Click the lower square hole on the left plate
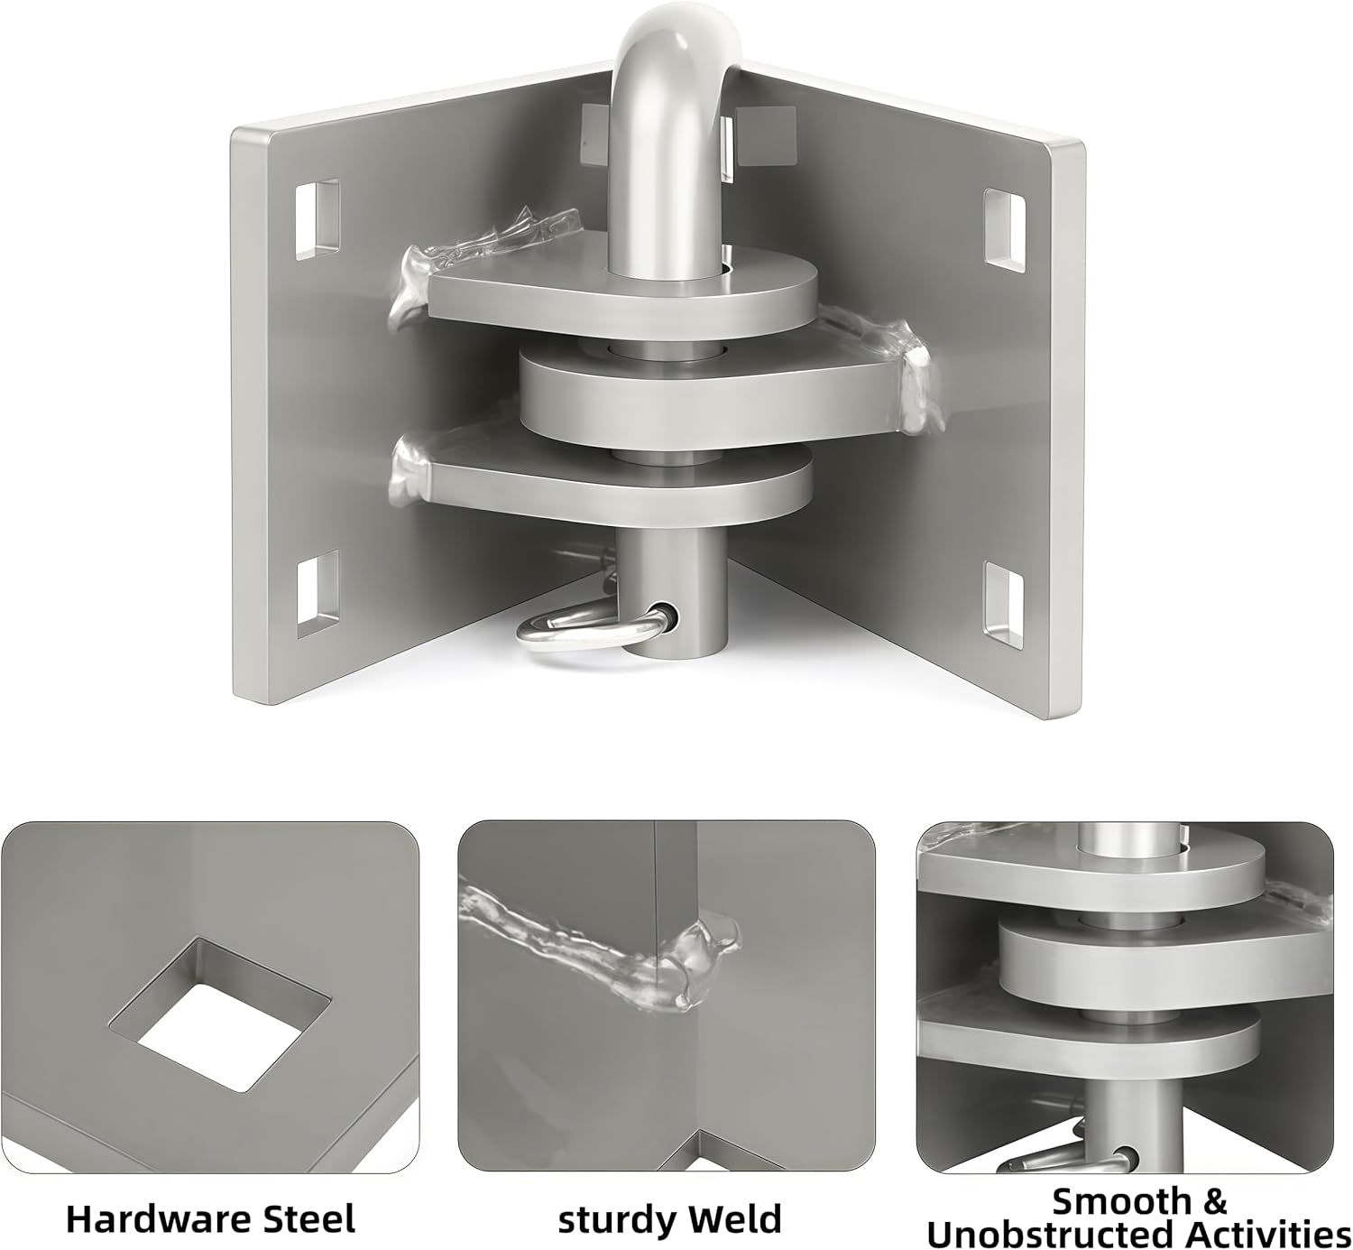[x=318, y=593]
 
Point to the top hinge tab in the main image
[x=631, y=298]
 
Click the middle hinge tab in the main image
[x=704, y=397]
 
